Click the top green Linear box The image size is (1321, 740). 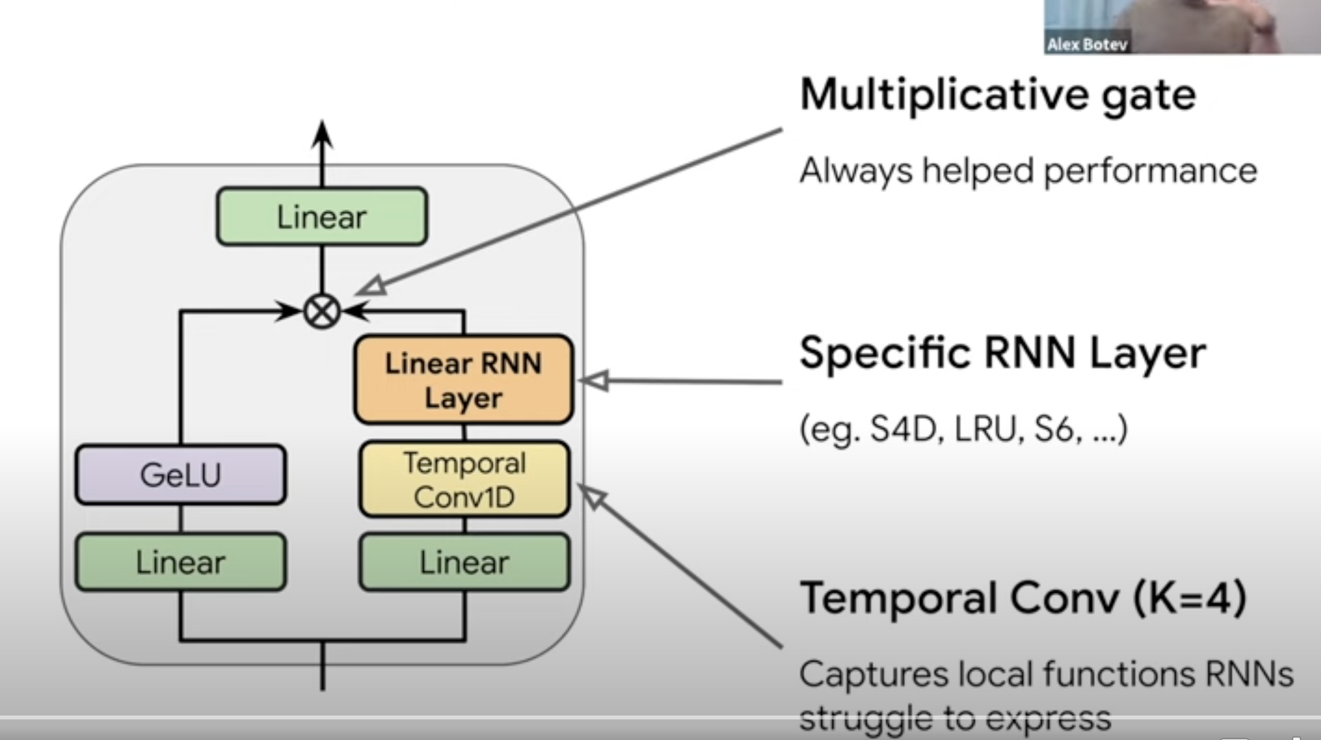point(322,217)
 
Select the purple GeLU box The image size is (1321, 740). point(181,475)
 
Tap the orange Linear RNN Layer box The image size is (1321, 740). point(464,380)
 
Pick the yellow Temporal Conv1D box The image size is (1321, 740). point(464,480)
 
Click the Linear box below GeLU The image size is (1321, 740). point(181,562)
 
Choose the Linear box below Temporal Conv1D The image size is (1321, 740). point(464,562)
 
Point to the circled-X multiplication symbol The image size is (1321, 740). point(322,311)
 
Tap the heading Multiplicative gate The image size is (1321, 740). point(997,95)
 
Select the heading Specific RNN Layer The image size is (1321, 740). point(1002,353)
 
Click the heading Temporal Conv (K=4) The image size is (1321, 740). point(1022,598)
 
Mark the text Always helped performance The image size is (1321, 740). point(1027,171)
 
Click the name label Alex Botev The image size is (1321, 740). point(1087,44)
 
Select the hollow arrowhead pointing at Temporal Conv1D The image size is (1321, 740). point(592,496)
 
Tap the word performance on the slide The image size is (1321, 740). point(1150,171)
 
